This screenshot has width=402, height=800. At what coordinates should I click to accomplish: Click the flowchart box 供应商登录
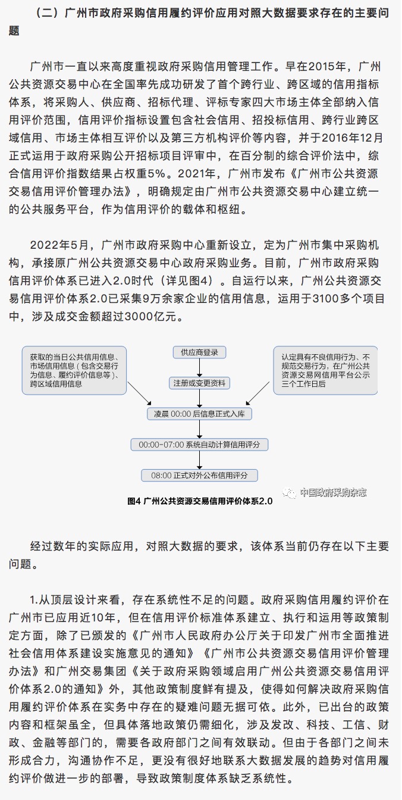click(199, 352)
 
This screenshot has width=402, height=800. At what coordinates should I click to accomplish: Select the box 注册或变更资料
click(199, 383)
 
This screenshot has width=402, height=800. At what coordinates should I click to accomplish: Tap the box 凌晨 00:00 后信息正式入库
click(199, 414)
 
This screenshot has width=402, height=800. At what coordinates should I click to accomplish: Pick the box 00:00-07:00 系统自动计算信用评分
click(199, 445)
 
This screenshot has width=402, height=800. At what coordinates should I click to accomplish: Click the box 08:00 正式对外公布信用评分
click(199, 476)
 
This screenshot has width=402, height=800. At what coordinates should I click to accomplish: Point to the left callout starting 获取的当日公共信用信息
click(74, 370)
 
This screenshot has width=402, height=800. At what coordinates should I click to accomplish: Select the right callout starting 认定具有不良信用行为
click(325, 370)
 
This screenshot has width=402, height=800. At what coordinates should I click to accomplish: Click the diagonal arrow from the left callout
click(140, 393)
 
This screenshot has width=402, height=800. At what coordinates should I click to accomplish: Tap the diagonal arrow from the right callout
click(257, 393)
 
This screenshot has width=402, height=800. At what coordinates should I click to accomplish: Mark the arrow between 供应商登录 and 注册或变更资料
click(199, 367)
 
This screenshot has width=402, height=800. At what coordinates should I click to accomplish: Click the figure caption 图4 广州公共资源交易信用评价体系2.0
click(200, 501)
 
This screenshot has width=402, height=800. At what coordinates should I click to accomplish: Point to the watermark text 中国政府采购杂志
click(333, 492)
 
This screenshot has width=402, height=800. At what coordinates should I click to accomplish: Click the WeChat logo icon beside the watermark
click(289, 493)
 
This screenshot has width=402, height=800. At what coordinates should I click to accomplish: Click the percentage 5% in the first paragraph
click(156, 174)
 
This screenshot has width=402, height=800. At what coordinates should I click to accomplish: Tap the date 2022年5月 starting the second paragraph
click(59, 245)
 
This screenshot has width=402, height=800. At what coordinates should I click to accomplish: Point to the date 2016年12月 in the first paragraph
click(352, 138)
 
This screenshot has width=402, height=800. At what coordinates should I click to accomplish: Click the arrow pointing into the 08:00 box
click(199, 460)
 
